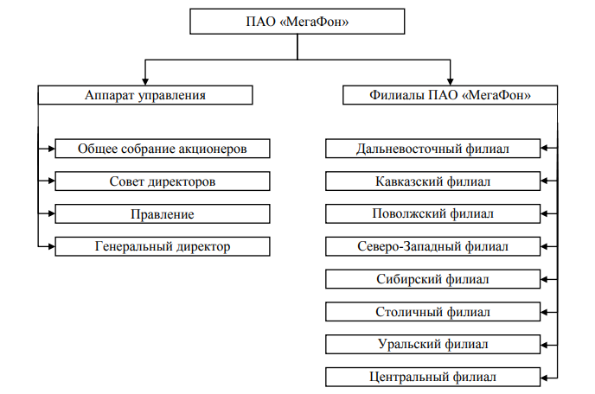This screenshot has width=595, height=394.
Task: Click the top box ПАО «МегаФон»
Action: [297, 21]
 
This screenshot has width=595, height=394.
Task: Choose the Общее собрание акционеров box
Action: [163, 149]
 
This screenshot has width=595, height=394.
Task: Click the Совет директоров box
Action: [163, 181]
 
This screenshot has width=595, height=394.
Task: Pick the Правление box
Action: [163, 213]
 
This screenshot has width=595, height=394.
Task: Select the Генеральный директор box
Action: [163, 246]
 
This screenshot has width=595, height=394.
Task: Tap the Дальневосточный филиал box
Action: [432, 149]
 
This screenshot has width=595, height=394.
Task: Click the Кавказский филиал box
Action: [432, 181]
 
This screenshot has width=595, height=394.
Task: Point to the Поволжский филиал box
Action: [432, 213]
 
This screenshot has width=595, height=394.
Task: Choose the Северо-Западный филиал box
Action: [432, 246]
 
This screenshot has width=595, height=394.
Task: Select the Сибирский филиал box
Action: [432, 279]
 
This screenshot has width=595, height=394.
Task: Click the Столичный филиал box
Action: [432, 311]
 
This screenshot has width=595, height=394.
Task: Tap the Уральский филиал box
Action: [432, 344]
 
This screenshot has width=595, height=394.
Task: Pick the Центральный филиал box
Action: [432, 377]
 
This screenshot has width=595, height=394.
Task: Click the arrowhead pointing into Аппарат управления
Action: [145, 79]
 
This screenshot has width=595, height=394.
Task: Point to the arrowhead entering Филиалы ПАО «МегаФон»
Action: [449, 79]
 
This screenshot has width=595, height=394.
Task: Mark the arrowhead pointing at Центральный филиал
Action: [546, 377]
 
